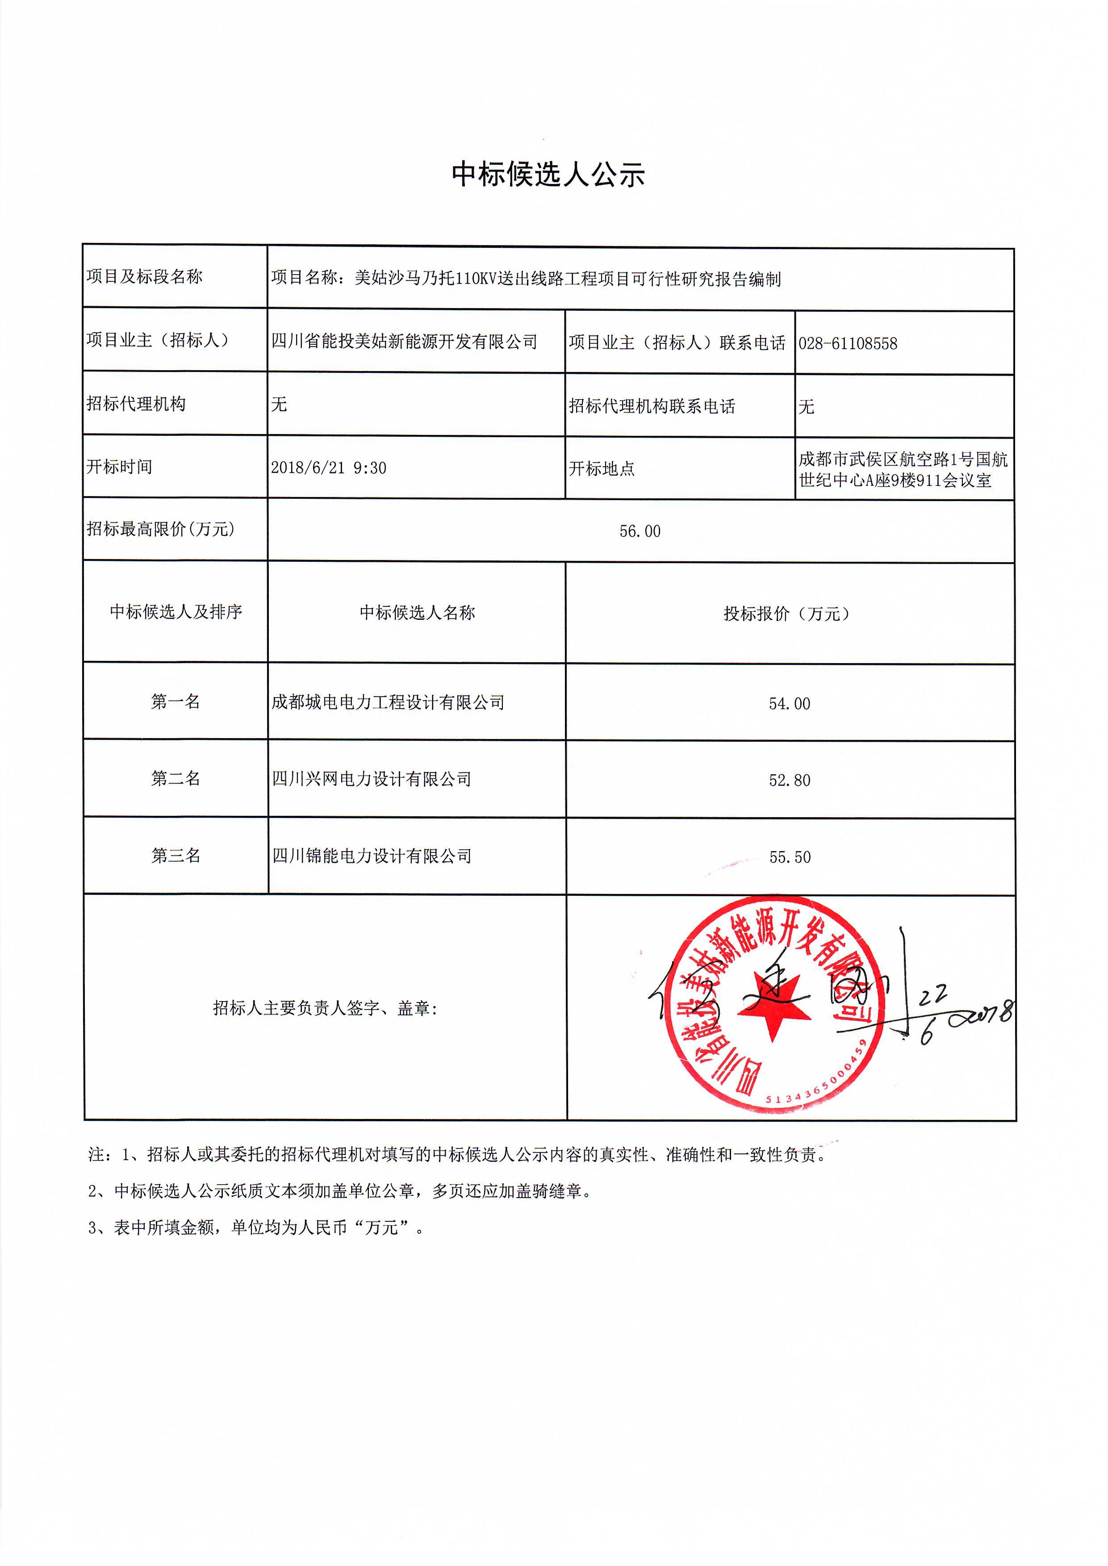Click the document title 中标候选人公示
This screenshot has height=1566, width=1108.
point(548,175)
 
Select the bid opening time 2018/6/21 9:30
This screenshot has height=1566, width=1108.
point(328,468)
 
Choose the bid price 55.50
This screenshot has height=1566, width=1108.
point(790,857)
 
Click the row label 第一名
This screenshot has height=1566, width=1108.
point(176,702)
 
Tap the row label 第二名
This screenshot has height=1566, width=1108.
point(176,778)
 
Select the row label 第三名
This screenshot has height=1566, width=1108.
point(176,855)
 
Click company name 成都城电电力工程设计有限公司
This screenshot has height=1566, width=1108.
point(388,702)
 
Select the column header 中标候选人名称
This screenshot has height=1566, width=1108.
point(417,613)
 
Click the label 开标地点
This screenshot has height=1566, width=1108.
point(601,468)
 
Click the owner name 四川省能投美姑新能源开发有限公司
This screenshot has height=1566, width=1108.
point(404,341)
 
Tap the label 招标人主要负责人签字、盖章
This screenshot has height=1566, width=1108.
point(325,1008)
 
